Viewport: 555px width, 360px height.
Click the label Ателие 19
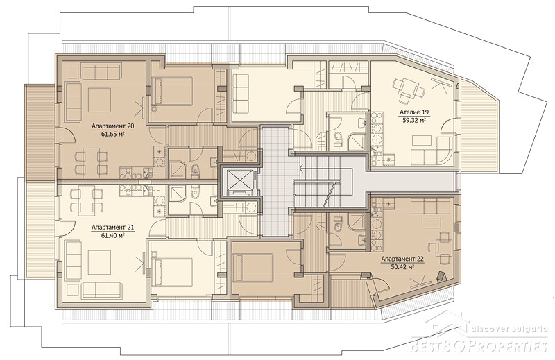414,112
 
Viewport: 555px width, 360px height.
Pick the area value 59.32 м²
414,120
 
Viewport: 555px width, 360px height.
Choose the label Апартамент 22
402,259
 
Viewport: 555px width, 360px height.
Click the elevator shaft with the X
239,182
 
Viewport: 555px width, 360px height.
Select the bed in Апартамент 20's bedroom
171,92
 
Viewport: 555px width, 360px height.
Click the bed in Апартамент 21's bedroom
171,272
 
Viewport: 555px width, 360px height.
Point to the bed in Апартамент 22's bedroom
253,268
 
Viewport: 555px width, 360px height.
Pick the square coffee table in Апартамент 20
99,100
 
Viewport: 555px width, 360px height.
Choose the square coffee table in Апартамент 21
99,262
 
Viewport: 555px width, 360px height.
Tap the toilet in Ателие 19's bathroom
338,139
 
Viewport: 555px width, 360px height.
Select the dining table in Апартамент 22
441,246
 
